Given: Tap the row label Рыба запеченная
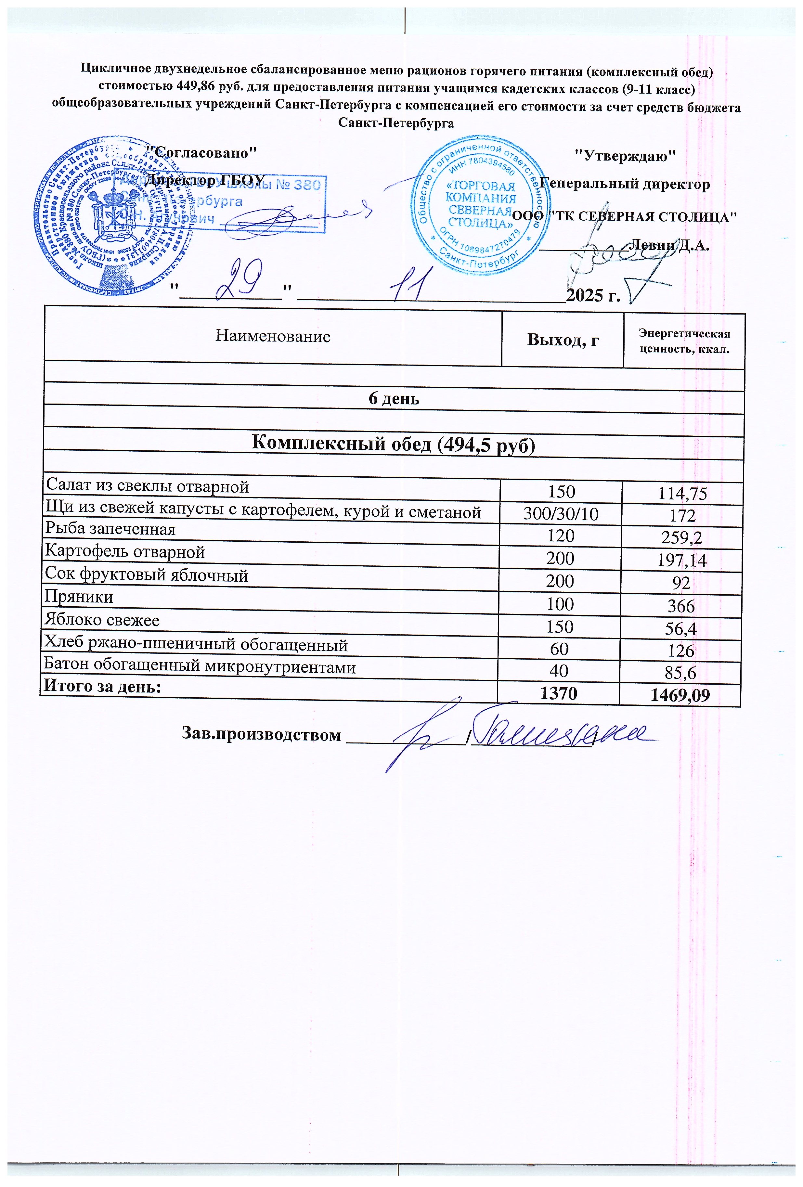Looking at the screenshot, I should (110, 529).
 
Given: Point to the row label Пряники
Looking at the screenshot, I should (79, 597).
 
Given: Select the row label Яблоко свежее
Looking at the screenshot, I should (102, 620).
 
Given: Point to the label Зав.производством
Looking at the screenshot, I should (261, 734).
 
